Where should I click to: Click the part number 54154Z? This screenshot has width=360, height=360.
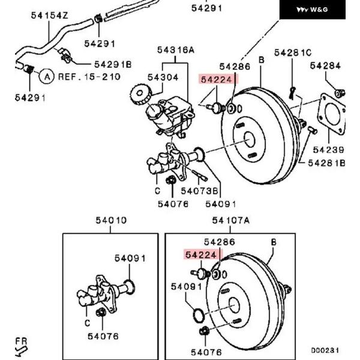pos(50,16)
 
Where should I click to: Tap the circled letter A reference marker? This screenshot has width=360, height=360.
pos(47,76)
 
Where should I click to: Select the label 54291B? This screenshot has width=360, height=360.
pos(113,65)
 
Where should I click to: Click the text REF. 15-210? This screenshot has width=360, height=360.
pos(89,77)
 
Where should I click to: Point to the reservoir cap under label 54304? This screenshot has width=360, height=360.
pos(140,94)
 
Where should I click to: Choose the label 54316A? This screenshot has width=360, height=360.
pos(176,50)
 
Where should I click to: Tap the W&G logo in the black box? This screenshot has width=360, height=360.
pos(312,10)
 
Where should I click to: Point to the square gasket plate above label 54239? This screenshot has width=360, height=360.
pos(331,115)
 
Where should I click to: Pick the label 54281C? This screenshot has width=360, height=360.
pos(293,53)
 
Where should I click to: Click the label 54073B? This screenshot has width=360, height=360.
pos(199,191)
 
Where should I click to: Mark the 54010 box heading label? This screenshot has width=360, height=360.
pos(111,220)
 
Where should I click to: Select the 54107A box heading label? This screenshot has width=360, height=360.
pos(231,221)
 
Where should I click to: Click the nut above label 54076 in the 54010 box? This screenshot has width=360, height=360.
pos(101,312)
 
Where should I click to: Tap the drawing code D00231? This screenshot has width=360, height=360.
pos(325,350)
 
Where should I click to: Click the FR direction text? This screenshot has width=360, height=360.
pos(22,341)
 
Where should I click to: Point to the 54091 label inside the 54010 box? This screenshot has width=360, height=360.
pos(130,259)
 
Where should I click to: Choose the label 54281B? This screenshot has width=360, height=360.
pos(326,163)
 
